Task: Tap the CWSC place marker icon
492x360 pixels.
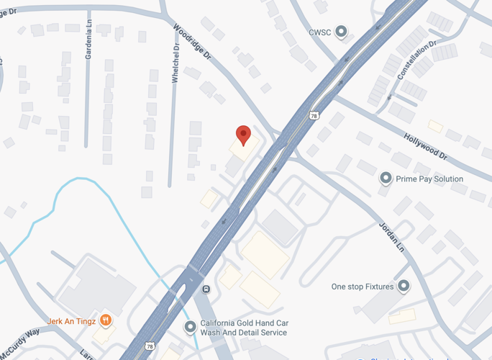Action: pyautogui.click(x=342, y=32)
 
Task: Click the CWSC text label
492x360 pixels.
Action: pyautogui.click(x=320, y=32)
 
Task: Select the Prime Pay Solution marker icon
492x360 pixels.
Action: pyautogui.click(x=386, y=179)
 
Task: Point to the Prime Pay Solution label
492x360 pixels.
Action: pyautogui.click(x=430, y=179)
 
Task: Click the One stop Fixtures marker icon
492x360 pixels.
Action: pyautogui.click(x=404, y=287)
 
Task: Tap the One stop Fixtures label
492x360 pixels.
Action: pyautogui.click(x=363, y=287)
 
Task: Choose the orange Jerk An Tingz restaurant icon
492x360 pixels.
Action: pyautogui.click(x=106, y=320)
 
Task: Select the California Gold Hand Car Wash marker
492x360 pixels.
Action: pyautogui.click(x=190, y=328)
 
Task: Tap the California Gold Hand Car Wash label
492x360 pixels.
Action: pyautogui.click(x=243, y=328)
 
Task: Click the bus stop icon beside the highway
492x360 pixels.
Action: pyautogui.click(x=206, y=289)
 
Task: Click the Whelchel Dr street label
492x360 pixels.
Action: pyautogui.click(x=175, y=63)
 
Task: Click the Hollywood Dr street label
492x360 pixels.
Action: pyautogui.click(x=425, y=145)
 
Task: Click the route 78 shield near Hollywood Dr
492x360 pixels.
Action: pyautogui.click(x=314, y=115)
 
